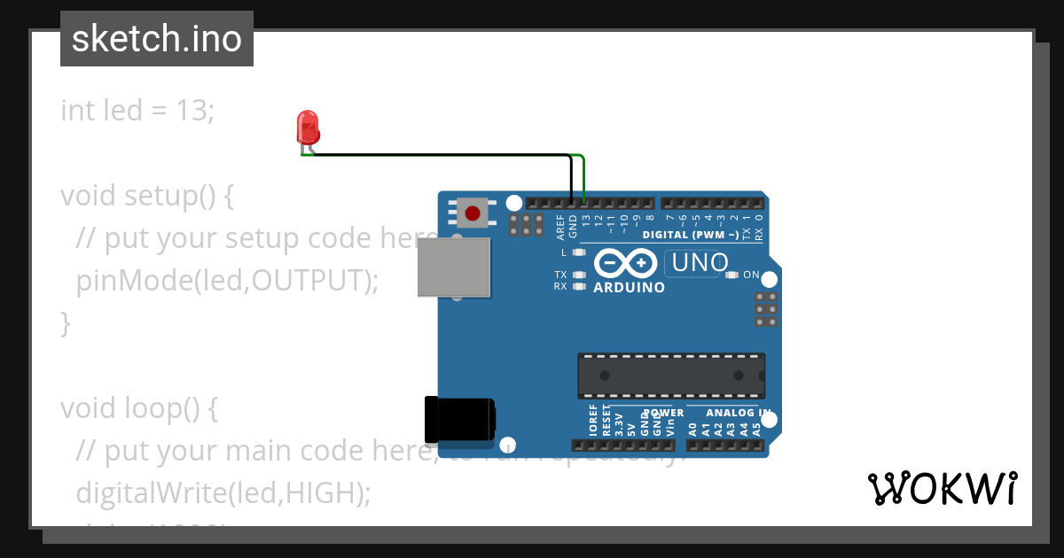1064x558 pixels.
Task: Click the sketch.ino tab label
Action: click(156, 39)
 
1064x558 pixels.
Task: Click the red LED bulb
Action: click(308, 128)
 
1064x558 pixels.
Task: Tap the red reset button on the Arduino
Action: click(473, 213)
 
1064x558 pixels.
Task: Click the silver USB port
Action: click(454, 267)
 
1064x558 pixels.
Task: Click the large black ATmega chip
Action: click(671, 375)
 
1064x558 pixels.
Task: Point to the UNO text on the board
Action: click(700, 262)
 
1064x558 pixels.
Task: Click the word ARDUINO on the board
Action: click(629, 288)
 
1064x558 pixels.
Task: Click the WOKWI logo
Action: click(942, 488)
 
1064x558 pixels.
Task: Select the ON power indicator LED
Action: click(731, 275)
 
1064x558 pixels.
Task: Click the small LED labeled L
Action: click(579, 252)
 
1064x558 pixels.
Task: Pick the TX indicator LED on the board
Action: click(579, 275)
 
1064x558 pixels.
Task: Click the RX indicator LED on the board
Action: click(579, 286)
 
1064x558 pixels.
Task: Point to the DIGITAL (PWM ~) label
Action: click(690, 235)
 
